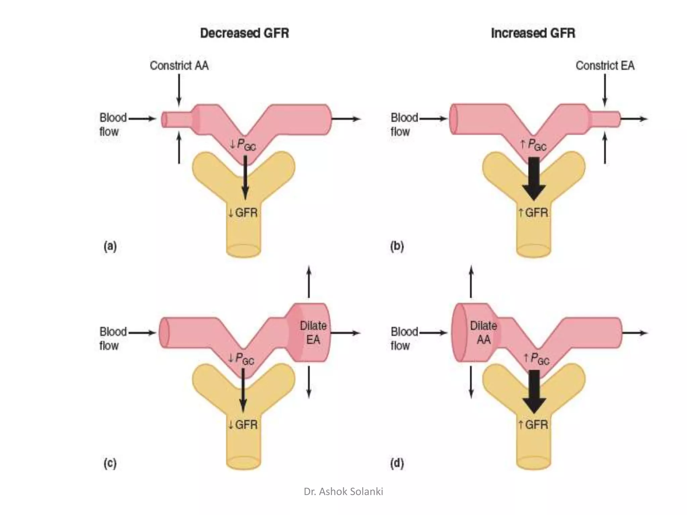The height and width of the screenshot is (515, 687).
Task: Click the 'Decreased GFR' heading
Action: click(x=244, y=33)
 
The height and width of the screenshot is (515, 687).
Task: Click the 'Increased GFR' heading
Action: click(x=533, y=33)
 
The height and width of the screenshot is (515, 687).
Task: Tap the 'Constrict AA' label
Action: click(x=179, y=65)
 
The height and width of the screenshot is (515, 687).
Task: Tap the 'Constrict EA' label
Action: click(x=605, y=65)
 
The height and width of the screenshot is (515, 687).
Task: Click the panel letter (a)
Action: click(x=110, y=246)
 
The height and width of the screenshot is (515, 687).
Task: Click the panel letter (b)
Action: click(x=397, y=246)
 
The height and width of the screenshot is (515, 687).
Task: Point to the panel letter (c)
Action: click(x=110, y=463)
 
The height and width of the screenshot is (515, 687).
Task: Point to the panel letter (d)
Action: click(x=397, y=463)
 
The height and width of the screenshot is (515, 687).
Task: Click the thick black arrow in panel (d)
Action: click(x=534, y=391)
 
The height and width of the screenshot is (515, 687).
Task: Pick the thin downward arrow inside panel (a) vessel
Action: click(x=245, y=178)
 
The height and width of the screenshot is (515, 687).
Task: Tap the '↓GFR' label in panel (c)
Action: click(x=243, y=425)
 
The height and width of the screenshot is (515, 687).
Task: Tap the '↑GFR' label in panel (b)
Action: click(x=533, y=213)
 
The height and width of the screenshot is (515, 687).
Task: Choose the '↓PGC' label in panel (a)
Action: click(x=243, y=145)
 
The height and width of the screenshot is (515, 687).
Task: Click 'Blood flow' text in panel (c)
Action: click(x=112, y=339)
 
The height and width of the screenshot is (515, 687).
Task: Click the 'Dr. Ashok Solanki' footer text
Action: click(x=343, y=492)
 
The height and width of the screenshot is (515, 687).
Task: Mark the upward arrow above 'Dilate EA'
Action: click(x=309, y=282)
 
